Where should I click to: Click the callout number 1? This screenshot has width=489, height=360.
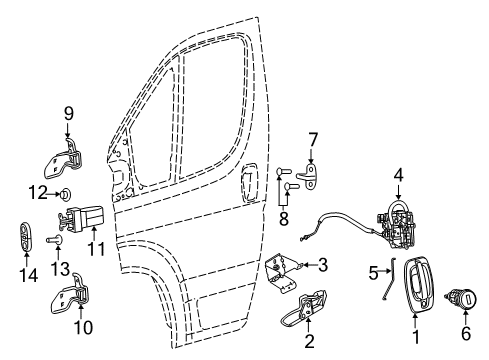[417, 347]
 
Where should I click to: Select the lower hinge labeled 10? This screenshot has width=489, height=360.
[72, 303]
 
